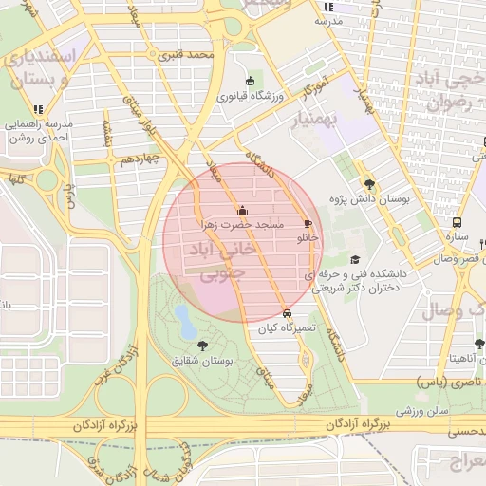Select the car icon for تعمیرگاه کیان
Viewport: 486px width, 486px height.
point(287,313)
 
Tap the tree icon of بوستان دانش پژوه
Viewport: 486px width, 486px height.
point(368,185)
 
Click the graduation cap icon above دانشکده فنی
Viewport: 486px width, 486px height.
point(355,259)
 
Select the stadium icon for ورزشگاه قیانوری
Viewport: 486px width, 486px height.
point(250,81)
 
